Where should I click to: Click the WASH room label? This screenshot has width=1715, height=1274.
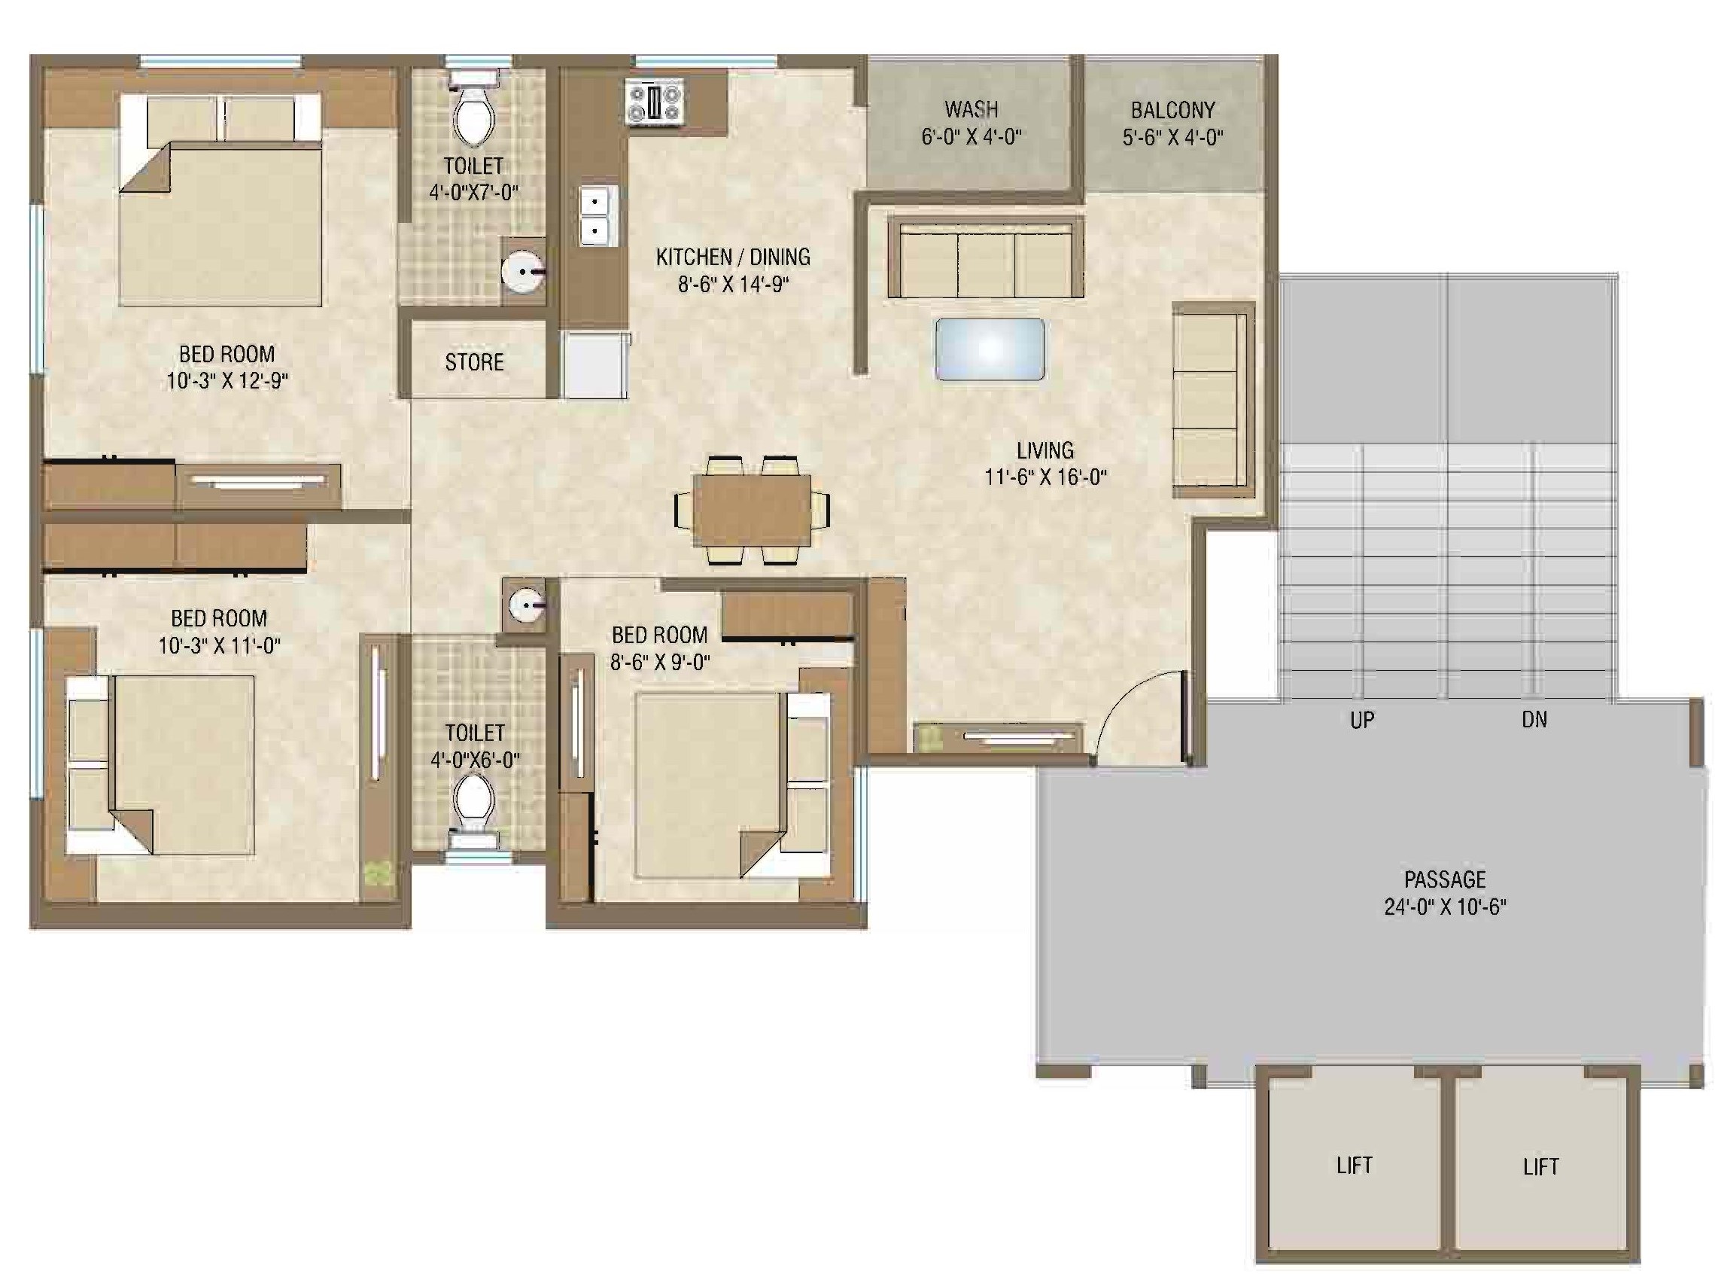pyautogui.click(x=972, y=108)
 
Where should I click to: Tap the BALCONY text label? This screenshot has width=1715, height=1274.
pyautogui.click(x=1172, y=110)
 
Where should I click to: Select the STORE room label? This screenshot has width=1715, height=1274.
pyautogui.click(x=474, y=361)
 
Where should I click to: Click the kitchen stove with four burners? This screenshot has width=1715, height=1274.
pyautogui.click(x=655, y=102)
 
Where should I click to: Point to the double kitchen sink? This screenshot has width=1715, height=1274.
pyautogui.click(x=598, y=216)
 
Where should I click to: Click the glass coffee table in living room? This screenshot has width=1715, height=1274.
pyautogui.click(x=990, y=349)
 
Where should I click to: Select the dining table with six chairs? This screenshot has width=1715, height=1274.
pyautogui.click(x=752, y=510)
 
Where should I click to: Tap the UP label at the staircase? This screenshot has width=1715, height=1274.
pyautogui.click(x=1362, y=720)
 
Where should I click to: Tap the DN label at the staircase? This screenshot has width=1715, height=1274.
pyautogui.click(x=1534, y=720)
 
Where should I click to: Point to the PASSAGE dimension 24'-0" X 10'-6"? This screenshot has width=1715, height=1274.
pyautogui.click(x=1444, y=907)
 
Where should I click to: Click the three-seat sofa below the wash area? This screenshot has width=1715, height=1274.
pyautogui.click(x=985, y=258)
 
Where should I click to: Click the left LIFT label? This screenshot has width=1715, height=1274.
pyautogui.click(x=1355, y=1165)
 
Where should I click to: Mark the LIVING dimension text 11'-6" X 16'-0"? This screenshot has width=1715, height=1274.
pyautogui.click(x=1045, y=477)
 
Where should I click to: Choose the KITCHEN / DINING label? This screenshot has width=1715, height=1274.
pyautogui.click(x=732, y=257)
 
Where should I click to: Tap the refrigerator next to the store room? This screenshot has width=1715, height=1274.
pyautogui.click(x=594, y=364)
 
